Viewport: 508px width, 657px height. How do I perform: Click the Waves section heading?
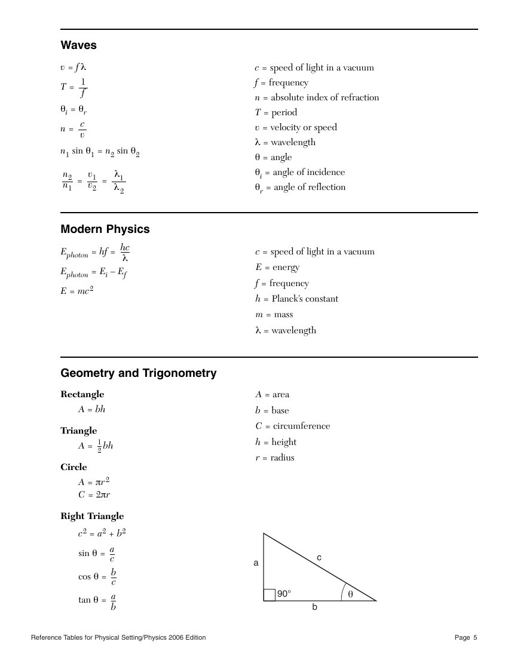78,45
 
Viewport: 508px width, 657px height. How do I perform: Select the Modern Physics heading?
105,229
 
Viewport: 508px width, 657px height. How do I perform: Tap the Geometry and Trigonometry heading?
139,373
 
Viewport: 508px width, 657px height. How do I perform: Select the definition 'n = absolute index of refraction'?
317,97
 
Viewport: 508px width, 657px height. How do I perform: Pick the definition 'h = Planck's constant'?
296,299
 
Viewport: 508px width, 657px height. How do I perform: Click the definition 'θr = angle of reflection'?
300,188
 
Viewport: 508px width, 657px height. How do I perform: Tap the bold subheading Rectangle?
82,394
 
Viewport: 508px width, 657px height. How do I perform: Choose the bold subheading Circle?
74,467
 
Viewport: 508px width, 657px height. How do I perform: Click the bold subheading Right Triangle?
92,516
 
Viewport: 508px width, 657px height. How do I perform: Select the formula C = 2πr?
94,495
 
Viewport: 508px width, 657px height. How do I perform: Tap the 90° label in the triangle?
283,594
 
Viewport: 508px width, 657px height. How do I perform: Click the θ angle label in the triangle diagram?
350,594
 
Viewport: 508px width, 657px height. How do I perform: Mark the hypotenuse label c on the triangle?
319,557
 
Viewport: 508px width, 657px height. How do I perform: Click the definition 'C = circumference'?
293,426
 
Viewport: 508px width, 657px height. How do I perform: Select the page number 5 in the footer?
475,638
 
